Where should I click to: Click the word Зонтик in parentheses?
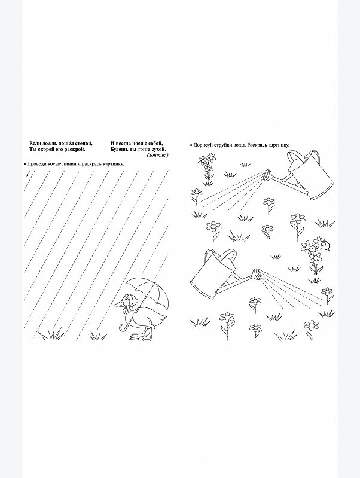(x=157, y=155)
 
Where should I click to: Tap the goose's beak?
(x=118, y=303)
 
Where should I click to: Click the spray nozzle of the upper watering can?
(x=268, y=175)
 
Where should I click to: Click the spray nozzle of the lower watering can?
(x=256, y=274)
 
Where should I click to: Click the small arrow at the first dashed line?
(x=28, y=173)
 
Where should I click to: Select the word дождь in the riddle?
(x=50, y=143)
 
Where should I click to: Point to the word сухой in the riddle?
(x=159, y=150)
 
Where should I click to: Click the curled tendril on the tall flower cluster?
(x=327, y=245)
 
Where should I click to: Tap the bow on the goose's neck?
(x=126, y=310)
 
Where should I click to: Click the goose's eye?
(x=124, y=299)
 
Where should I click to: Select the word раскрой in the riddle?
(x=75, y=150)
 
